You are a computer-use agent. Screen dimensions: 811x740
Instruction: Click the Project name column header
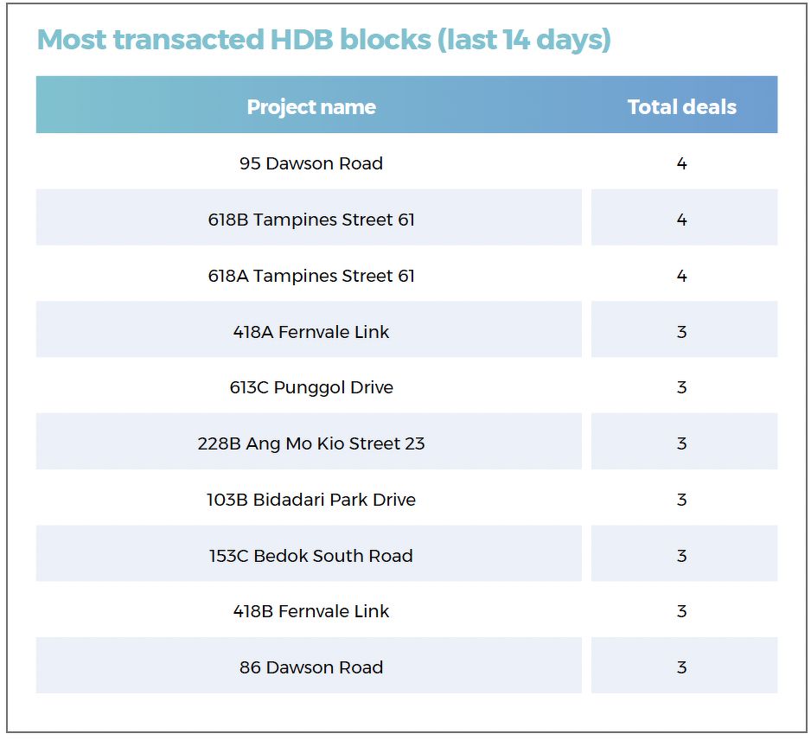coord(311,107)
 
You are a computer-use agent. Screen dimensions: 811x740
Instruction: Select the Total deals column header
coord(681,107)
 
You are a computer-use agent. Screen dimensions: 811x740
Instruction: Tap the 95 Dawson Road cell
coord(311,163)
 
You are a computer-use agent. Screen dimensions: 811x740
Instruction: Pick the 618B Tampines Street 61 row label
coord(311,220)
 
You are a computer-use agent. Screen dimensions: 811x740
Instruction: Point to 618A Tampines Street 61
coord(311,276)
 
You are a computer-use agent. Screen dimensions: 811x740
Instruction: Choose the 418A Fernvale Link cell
coord(311,331)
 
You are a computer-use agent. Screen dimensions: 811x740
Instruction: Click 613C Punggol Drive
coord(311,388)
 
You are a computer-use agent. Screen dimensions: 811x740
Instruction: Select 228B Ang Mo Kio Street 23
coord(311,443)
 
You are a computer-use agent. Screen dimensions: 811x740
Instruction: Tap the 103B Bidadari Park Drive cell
coord(311,500)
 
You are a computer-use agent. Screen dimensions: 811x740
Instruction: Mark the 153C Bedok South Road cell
coord(311,555)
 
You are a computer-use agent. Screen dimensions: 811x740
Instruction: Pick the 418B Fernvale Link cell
coord(311,611)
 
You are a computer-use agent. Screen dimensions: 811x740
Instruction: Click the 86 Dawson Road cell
coord(311,667)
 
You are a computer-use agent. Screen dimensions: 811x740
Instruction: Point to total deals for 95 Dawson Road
coord(681,163)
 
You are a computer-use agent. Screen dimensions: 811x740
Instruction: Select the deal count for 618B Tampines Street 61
coord(681,220)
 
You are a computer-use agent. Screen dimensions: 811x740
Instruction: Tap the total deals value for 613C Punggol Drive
coord(681,388)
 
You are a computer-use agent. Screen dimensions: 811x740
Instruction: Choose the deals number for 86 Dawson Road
coord(681,667)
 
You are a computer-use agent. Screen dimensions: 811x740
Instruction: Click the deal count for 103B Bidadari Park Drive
coord(681,500)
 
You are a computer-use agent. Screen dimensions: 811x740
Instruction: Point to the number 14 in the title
coord(516,40)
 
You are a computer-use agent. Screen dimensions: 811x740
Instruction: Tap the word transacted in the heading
coord(188,40)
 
